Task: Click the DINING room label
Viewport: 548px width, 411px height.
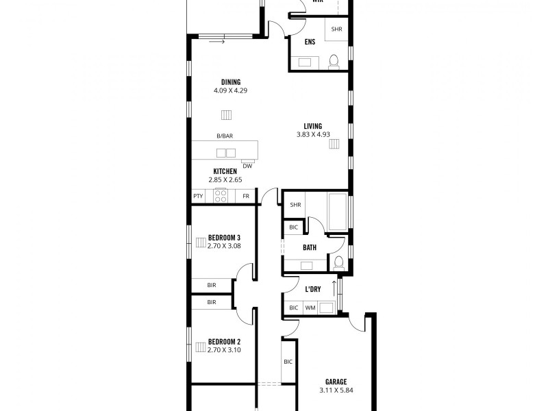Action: (x=225, y=82)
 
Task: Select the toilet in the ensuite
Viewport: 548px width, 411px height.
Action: (x=333, y=62)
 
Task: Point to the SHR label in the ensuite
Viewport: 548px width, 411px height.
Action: (x=336, y=29)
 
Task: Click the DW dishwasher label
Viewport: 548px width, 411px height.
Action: (x=247, y=165)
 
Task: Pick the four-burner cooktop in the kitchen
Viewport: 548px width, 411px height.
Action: (x=221, y=196)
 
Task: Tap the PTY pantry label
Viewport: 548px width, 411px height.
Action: (x=198, y=197)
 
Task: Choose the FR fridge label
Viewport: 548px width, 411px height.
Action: (x=246, y=197)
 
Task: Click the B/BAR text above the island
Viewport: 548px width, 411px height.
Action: (x=225, y=136)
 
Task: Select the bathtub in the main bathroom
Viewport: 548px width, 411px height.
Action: (x=338, y=212)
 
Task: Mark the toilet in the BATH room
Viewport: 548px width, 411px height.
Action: (x=338, y=262)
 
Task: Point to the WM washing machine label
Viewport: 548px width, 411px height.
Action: (x=310, y=308)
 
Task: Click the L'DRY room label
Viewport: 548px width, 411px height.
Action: (x=313, y=290)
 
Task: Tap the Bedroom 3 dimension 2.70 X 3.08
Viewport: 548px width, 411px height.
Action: (x=224, y=245)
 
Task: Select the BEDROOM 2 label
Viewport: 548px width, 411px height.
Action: (x=224, y=341)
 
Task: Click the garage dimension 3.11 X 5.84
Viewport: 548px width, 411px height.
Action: (x=336, y=390)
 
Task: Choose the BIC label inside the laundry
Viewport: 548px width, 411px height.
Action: (x=293, y=308)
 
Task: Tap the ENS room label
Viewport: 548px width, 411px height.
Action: (x=310, y=42)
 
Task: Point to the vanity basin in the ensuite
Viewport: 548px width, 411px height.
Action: (x=306, y=64)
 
